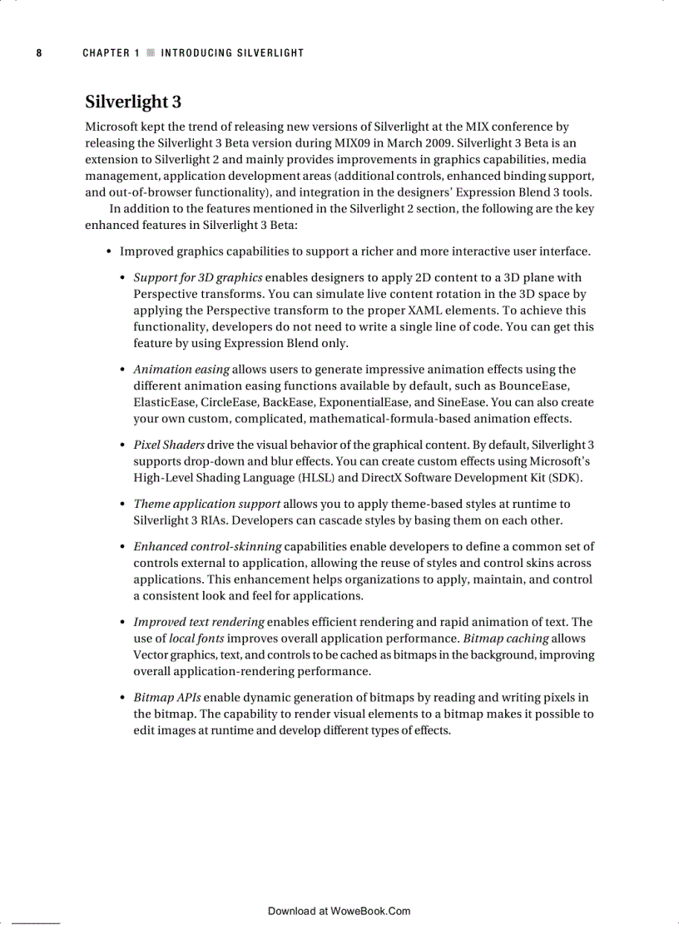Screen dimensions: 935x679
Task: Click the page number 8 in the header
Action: [x=38, y=53]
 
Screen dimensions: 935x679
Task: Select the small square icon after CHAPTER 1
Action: [x=150, y=53]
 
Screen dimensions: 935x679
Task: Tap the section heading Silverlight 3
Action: [x=133, y=102]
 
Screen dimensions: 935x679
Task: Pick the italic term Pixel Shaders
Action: [x=169, y=445]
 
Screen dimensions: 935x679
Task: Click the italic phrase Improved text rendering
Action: [x=199, y=622]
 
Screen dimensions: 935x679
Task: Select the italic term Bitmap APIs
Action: [x=166, y=698]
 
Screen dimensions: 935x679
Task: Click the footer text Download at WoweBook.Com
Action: [x=339, y=911]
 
